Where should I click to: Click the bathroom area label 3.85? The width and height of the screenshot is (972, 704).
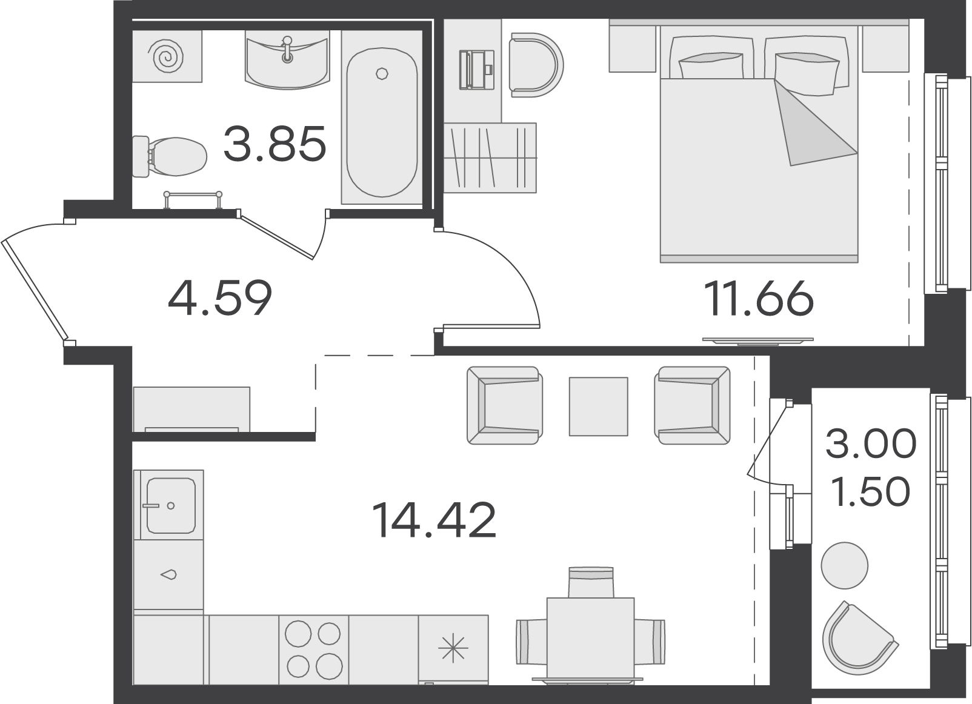coord(275,144)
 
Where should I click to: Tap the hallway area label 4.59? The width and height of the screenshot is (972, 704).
coord(220,297)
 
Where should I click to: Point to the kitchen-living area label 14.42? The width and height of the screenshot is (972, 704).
coord(434,520)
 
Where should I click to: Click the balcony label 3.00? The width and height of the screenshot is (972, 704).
coord(871,443)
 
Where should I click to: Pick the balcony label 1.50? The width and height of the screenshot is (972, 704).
coord(871,491)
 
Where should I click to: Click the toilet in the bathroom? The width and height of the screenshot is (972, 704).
coord(169,156)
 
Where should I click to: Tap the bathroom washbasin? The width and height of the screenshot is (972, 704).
coord(287,61)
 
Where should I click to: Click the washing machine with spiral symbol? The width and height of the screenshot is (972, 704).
coord(167,56)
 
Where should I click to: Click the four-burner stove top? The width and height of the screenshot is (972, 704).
coord(314,649)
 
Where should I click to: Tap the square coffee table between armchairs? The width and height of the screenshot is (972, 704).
coord(598,407)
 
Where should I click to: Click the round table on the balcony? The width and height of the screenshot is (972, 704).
coord(844,566)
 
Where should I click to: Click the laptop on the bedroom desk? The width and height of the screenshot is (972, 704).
coord(476,70)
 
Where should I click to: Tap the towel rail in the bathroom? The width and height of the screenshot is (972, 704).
coord(193,199)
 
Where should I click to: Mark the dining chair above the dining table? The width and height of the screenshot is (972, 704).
coord(591,582)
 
